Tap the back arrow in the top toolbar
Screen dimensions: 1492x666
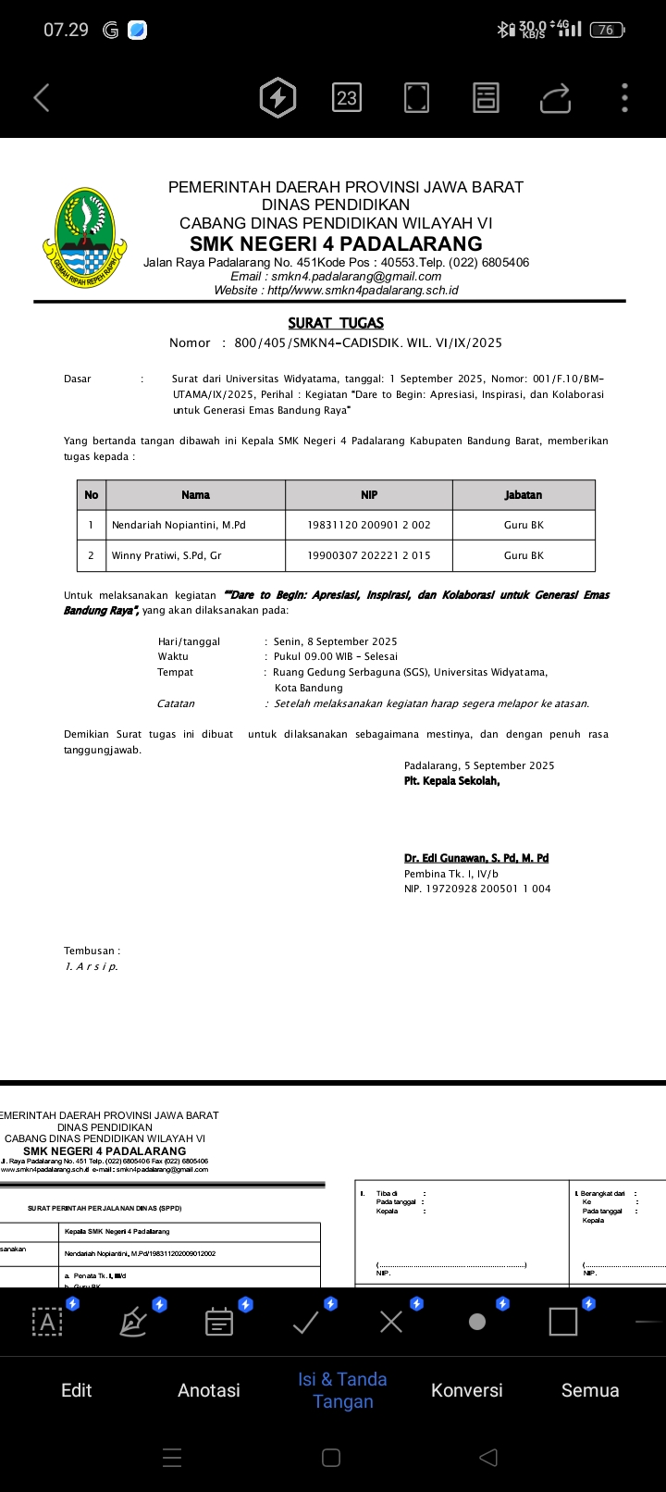[x=42, y=97]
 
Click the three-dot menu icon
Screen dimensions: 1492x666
[x=625, y=97]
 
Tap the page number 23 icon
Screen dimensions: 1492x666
[x=347, y=97]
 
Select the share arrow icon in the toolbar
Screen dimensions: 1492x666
[x=555, y=97]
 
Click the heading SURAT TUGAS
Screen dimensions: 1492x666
[x=336, y=323]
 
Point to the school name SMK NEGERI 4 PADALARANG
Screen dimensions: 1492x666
[x=336, y=243]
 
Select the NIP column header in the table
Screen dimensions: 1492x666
[x=369, y=495]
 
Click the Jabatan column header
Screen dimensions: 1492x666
[x=524, y=495]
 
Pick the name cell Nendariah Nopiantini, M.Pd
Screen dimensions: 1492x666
[x=179, y=525]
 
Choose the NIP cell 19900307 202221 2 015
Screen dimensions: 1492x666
[x=369, y=555]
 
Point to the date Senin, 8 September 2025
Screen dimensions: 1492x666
[x=335, y=641]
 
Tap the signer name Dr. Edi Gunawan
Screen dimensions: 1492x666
[x=476, y=858]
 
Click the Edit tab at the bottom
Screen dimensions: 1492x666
[x=76, y=1390]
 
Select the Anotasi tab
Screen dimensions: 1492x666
[x=209, y=1390]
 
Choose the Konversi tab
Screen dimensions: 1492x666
[x=467, y=1390]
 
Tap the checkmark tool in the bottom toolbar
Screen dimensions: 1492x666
[x=305, y=1322]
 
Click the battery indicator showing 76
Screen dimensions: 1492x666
[x=606, y=30]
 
